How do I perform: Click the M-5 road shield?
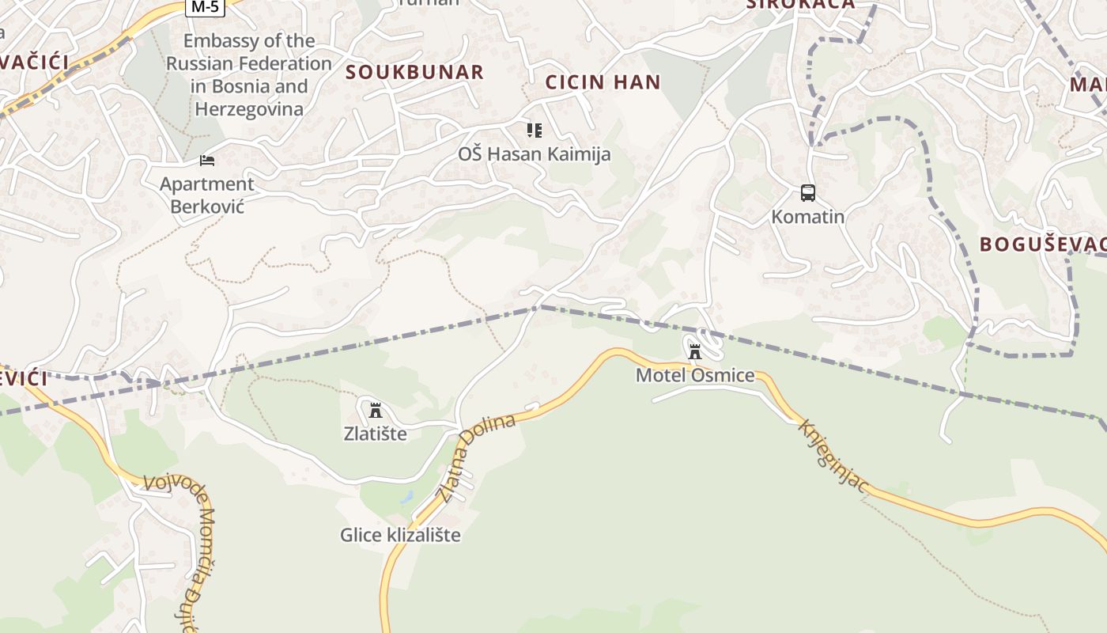206,7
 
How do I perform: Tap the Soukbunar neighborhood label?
414,72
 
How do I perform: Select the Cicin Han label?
603,81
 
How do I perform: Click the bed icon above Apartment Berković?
207,161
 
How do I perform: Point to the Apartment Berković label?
207,195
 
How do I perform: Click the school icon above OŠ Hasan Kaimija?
535,130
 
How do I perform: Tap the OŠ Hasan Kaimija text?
535,154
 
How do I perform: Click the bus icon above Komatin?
807,193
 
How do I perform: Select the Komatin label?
807,217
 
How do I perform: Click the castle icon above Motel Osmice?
695,351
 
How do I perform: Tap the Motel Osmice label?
695,375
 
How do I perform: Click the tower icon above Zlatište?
376,410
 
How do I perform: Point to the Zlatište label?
376,434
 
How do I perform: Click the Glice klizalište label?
400,535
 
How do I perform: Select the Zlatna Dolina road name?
476,457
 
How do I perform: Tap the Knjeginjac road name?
833,457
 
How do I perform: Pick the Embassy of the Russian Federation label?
249,74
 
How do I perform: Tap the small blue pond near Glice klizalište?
406,498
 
